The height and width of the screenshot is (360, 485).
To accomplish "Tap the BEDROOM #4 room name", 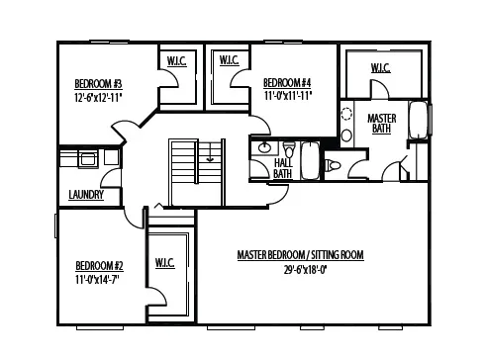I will [287, 83].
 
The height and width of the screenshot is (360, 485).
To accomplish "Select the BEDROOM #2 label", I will [99, 265].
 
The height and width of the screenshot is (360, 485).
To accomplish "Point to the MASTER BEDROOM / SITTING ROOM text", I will [300, 255].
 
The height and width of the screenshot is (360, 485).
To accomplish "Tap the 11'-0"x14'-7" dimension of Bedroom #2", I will [99, 279].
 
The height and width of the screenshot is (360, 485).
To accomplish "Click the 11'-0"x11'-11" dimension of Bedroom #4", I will [287, 97].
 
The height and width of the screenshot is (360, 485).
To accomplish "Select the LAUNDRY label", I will [86, 195].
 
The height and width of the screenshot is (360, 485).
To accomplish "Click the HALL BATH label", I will [282, 168].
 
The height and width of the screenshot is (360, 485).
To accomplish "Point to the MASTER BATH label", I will [381, 124].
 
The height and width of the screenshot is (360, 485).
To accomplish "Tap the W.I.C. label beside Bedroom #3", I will [177, 61].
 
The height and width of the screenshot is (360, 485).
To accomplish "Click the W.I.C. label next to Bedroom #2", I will [165, 263].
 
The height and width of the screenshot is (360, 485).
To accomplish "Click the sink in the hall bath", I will [265, 149].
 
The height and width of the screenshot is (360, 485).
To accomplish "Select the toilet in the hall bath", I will [333, 165].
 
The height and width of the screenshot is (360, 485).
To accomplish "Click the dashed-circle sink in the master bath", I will [346, 113].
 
